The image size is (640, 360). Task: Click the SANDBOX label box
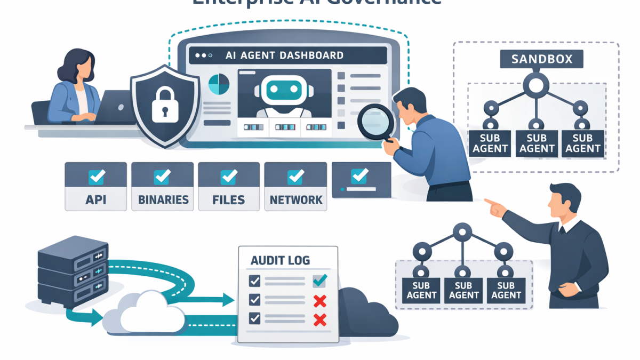click(541, 59)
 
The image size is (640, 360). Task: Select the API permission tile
click(95, 186)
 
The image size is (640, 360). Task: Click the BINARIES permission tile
click(163, 186)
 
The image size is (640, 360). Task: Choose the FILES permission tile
click(229, 186)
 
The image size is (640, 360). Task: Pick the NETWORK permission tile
click(295, 186)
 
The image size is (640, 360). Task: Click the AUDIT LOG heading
click(280, 261)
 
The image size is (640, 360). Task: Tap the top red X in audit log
click(320, 301)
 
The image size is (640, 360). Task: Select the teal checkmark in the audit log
click(320, 280)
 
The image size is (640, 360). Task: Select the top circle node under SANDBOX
click(536, 85)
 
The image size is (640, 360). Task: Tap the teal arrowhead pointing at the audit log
click(228, 300)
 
